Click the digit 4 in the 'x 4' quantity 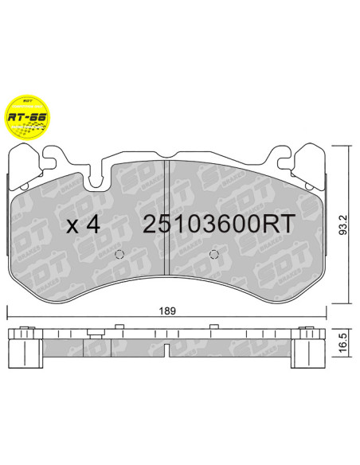92,225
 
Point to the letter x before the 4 72,227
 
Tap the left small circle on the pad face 119,256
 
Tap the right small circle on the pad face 213,256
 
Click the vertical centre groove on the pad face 166,215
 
